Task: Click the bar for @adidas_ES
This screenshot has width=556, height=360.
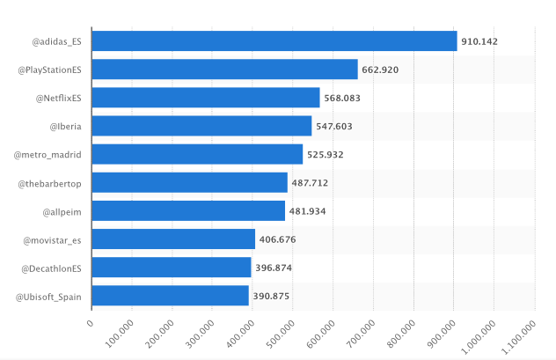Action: [x=274, y=41]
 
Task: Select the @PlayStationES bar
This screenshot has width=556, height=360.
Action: [x=224, y=70]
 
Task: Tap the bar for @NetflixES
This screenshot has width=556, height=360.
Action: [x=206, y=98]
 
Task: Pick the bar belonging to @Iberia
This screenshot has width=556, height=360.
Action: [x=201, y=126]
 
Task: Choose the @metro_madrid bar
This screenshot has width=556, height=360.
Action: [x=197, y=154]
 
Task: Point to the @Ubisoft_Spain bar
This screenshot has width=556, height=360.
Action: [x=170, y=296]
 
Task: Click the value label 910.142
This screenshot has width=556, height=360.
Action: [x=480, y=42]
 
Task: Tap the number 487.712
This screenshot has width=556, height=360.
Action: [x=311, y=183]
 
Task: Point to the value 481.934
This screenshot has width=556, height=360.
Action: [x=308, y=211]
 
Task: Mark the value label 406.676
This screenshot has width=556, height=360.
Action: [x=278, y=239]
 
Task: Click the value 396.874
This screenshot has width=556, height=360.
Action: [x=274, y=268]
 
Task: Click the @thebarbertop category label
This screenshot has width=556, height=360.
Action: [x=50, y=183]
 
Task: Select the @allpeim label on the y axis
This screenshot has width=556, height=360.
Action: [x=62, y=211]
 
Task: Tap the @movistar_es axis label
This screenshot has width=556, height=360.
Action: [x=53, y=239]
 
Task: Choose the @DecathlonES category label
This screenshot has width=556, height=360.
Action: [x=51, y=268]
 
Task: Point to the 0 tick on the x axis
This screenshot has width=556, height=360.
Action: [x=90, y=322]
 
